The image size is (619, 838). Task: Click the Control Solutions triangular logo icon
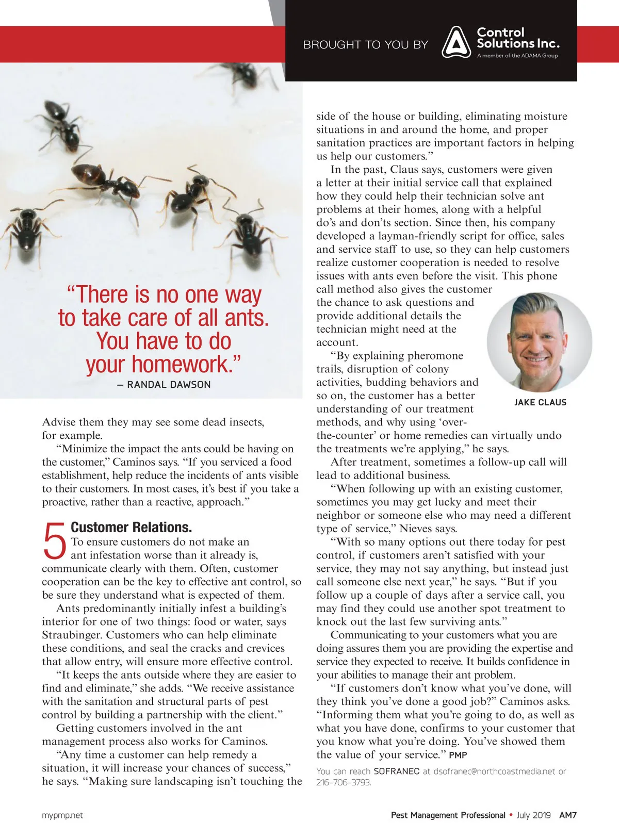[456, 42]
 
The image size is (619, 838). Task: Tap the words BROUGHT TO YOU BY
[365, 45]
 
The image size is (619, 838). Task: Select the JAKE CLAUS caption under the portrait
[540, 402]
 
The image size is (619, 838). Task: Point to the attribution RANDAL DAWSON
[169, 385]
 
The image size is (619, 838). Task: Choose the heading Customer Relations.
[131, 527]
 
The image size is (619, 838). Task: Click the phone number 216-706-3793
[344, 782]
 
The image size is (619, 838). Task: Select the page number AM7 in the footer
[568, 815]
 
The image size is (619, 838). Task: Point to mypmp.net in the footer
[62, 815]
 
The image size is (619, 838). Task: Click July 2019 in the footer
[533, 815]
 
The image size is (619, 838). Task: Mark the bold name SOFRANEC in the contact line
[396, 771]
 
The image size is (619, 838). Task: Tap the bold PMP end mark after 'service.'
[458, 755]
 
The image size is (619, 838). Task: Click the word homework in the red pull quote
[178, 364]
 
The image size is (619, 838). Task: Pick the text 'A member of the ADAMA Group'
[517, 56]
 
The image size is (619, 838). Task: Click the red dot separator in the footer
[511, 815]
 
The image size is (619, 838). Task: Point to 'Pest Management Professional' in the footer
[448, 815]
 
